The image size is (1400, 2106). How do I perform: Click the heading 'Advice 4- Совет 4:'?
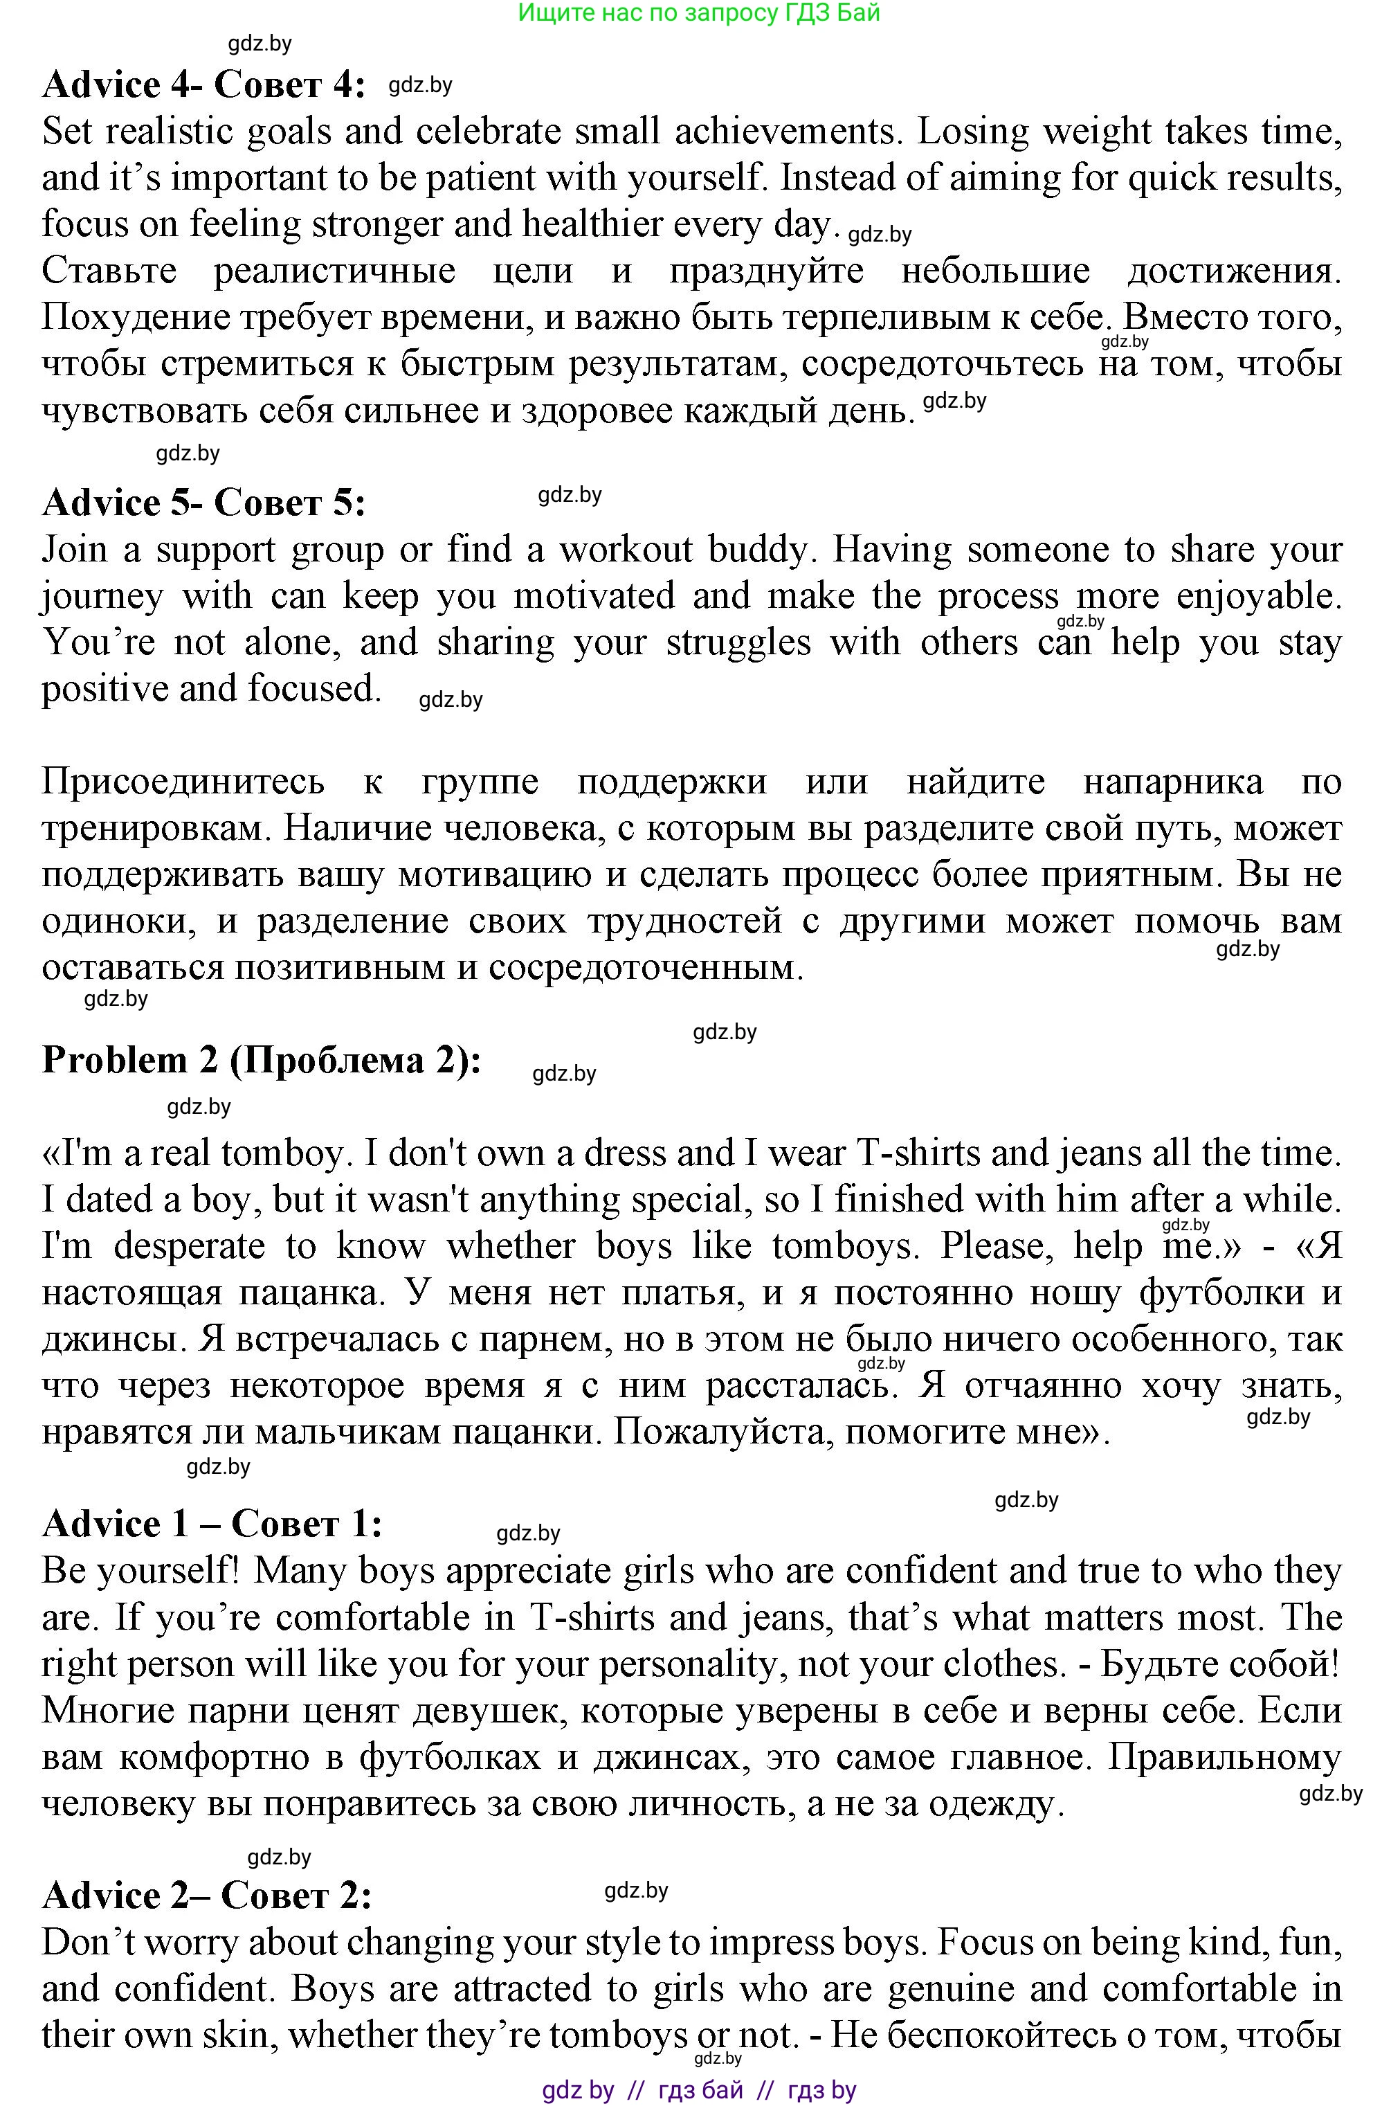coord(203,85)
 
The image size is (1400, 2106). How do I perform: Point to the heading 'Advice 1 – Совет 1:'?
coord(212,1524)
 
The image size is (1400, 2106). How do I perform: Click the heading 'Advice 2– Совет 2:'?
coord(207,1896)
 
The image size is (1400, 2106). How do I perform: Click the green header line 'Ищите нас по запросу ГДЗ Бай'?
coord(699,12)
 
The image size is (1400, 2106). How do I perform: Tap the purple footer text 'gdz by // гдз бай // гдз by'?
coord(699,2090)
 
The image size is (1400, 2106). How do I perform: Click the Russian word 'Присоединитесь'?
coord(183,782)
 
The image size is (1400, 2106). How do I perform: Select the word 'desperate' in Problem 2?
coord(190,1246)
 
